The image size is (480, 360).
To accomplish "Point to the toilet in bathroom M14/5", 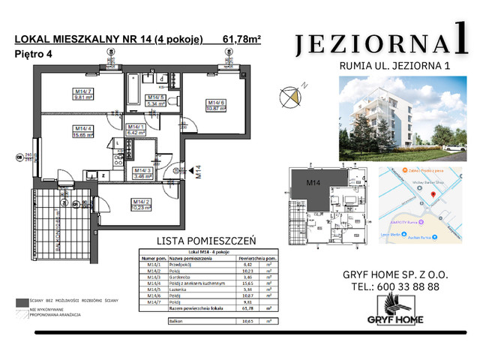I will coord(163,77).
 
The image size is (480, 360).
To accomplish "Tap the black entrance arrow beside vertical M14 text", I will coord(176,170).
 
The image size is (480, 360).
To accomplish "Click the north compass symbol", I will coord(289,95).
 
